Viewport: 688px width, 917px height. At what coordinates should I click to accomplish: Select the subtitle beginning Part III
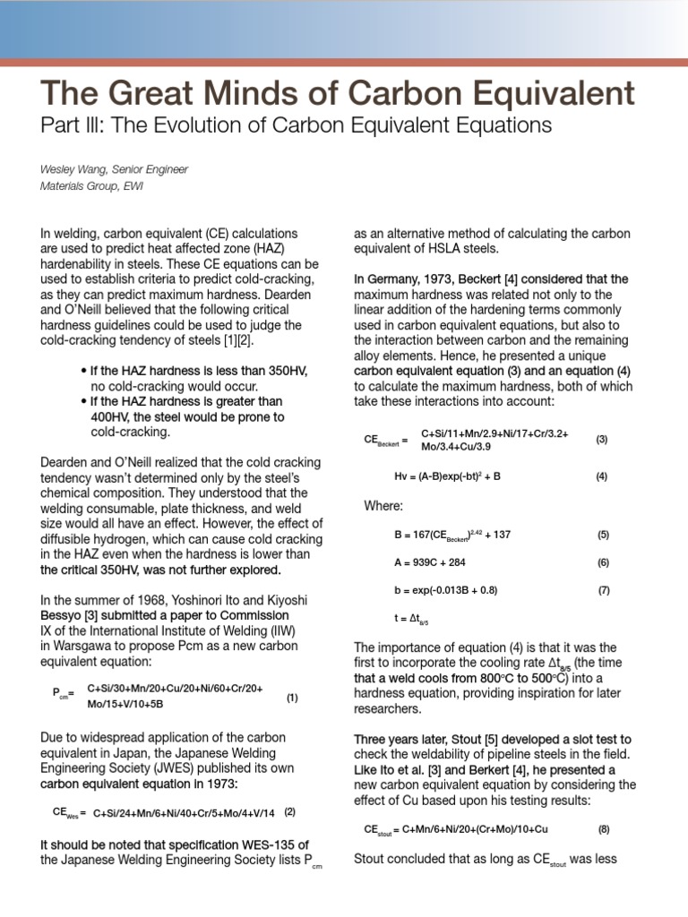pyautogui.click(x=296, y=125)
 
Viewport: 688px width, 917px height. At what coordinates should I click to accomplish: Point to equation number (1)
pyautogui.click(x=292, y=698)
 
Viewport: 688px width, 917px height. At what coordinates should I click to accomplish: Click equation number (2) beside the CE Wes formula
pyautogui.click(x=289, y=811)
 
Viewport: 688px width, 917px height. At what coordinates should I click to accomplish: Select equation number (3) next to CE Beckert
pyautogui.click(x=602, y=439)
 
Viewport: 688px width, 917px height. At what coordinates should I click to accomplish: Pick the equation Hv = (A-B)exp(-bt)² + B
pyautogui.click(x=447, y=476)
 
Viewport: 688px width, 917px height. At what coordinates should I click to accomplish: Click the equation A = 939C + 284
pyautogui.click(x=430, y=562)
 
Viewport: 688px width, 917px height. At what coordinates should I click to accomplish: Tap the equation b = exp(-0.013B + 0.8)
pyautogui.click(x=446, y=590)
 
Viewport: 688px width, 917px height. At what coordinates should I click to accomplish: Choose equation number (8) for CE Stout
pyautogui.click(x=604, y=830)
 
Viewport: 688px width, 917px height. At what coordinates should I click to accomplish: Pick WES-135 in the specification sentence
pyautogui.click(x=262, y=844)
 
